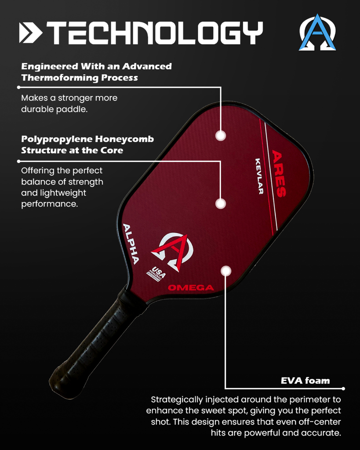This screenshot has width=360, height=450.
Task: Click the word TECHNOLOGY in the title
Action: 154,33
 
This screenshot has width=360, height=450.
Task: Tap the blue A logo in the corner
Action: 317,33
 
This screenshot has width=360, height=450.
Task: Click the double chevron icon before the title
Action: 30,33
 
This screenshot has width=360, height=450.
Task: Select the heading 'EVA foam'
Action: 305,381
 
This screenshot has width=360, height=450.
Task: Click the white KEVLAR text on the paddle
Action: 259,176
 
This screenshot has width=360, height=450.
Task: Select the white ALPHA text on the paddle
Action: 131,244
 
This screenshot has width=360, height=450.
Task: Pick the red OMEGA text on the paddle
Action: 191,288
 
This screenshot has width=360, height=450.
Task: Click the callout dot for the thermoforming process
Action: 221,135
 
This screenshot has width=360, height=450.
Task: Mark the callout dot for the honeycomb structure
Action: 221,203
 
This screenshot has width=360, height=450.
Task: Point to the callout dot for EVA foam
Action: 225,271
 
